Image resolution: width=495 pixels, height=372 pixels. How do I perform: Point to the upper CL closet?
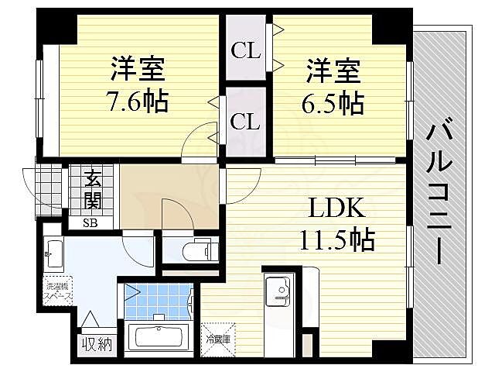[244, 52]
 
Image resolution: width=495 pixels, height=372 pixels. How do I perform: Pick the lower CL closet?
[244, 122]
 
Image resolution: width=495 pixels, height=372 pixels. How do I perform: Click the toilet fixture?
[196, 250]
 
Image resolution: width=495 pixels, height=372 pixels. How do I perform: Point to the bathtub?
[159, 339]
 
